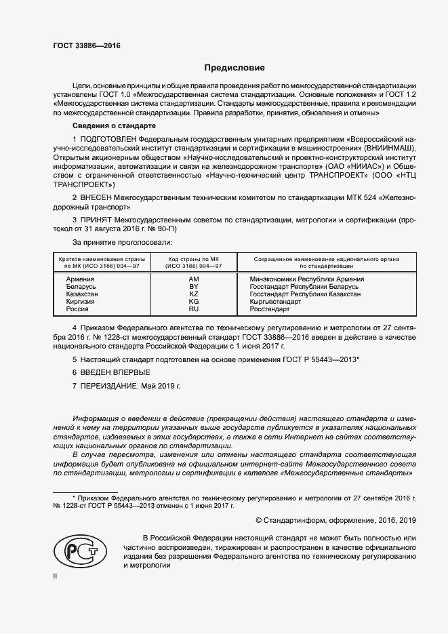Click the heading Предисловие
click(235, 68)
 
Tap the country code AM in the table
click(193, 279)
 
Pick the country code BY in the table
click(193, 287)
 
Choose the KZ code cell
click(193, 294)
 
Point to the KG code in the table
click(193, 302)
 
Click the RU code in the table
click(193, 309)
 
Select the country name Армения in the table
click(81, 279)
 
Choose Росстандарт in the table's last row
click(269, 309)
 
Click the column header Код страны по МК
click(193, 259)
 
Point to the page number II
click(55, 576)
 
